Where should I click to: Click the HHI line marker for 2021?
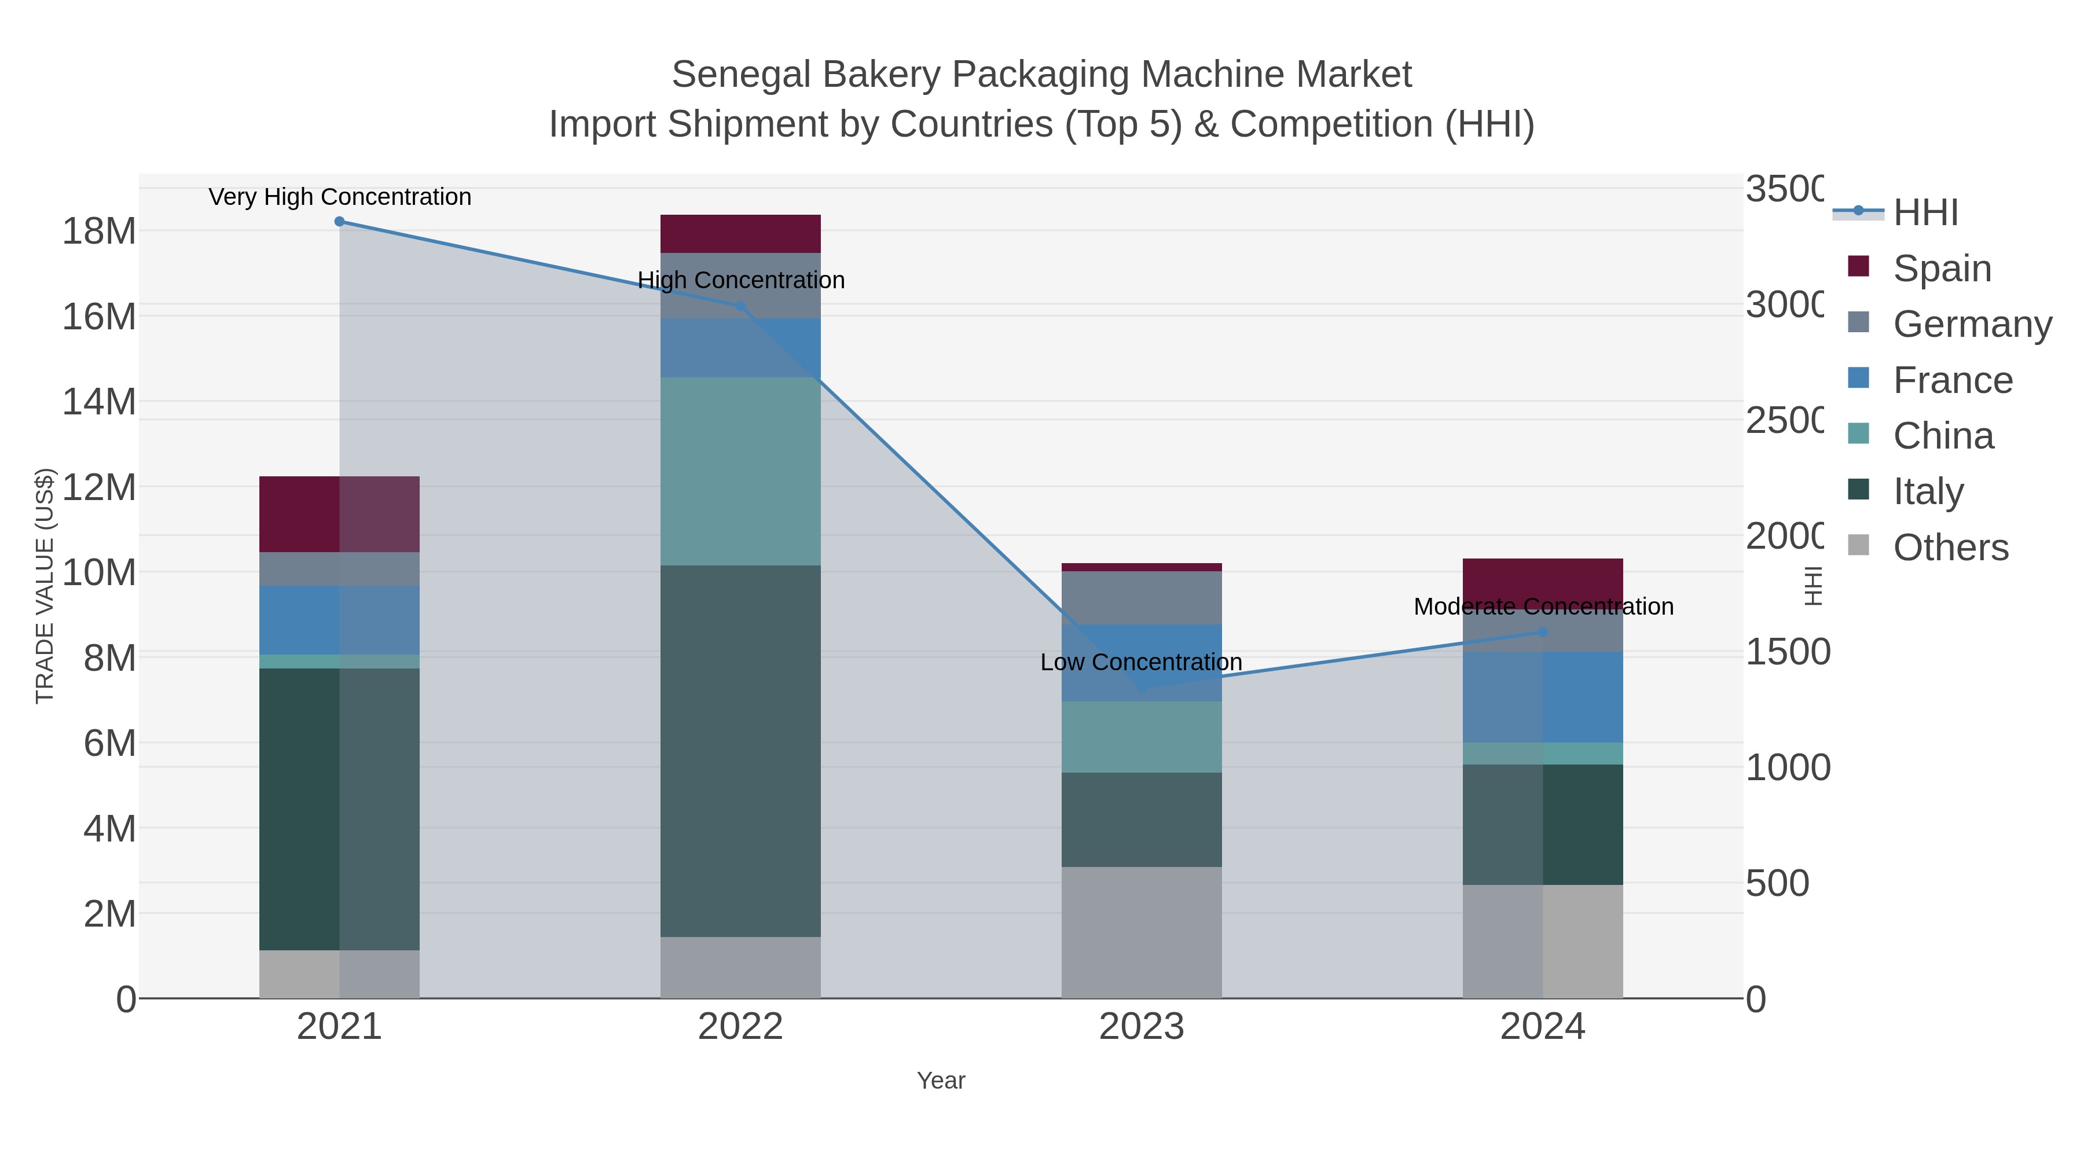(x=339, y=222)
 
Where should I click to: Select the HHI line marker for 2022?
(x=740, y=306)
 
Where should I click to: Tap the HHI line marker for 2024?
(x=1543, y=631)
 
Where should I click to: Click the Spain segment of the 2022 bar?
(x=740, y=234)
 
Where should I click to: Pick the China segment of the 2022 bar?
(x=740, y=471)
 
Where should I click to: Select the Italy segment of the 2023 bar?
(x=1142, y=820)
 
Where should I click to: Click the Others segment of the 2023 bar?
(x=1142, y=932)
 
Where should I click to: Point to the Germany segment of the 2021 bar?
(x=339, y=568)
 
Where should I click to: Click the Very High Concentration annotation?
(x=340, y=197)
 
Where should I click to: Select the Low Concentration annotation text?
(x=1140, y=662)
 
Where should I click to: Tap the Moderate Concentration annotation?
(x=1543, y=607)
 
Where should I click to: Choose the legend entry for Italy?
(x=1927, y=491)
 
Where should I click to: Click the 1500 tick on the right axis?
(x=1787, y=652)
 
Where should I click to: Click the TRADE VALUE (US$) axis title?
(x=45, y=586)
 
